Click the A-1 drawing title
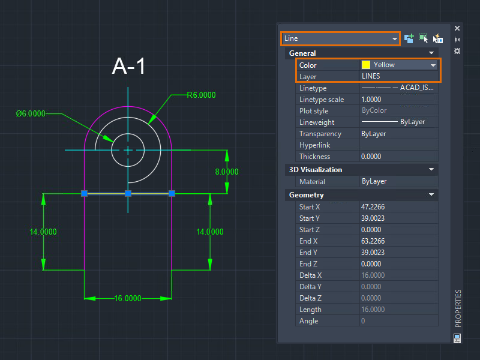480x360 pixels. [x=128, y=66]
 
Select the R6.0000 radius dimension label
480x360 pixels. [x=201, y=95]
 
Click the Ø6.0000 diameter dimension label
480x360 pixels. [x=31, y=114]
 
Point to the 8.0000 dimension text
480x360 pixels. [x=227, y=172]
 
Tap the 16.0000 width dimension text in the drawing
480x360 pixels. [x=128, y=298]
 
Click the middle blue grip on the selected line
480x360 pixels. [x=128, y=193]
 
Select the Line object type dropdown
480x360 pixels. [x=340, y=38]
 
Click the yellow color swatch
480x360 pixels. [x=366, y=65]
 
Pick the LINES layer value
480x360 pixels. [x=371, y=76]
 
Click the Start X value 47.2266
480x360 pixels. [x=373, y=207]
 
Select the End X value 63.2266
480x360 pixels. [x=373, y=241]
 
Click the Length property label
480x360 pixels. [x=310, y=310]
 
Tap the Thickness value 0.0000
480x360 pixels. [x=371, y=157]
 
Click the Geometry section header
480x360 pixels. [x=306, y=195]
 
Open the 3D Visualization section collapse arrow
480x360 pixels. [x=431, y=170]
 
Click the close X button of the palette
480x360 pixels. [x=457, y=28]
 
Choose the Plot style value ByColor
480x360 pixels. [x=374, y=110]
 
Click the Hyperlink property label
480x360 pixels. [x=314, y=145]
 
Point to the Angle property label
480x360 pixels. [x=308, y=321]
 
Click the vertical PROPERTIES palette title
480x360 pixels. [x=458, y=308]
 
